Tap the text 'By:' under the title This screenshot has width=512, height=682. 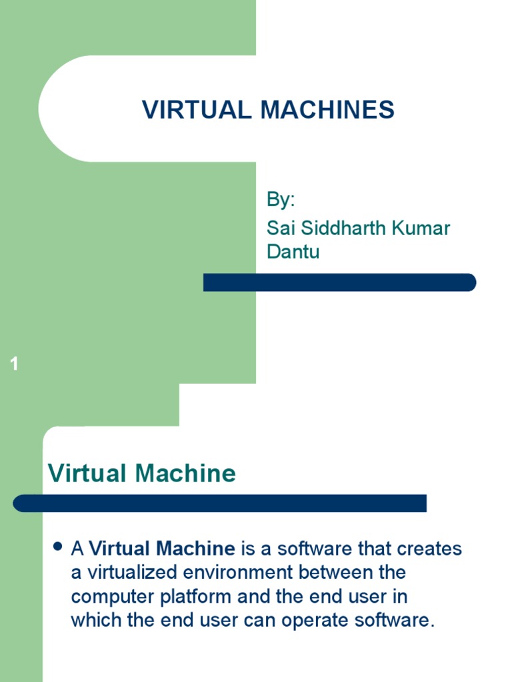point(281,199)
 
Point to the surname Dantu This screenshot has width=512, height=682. point(293,252)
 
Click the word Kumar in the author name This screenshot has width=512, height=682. point(422,228)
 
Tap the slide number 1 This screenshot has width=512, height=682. point(15,364)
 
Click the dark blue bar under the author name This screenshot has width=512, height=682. point(339,282)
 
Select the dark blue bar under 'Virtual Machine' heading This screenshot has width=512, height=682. point(219,504)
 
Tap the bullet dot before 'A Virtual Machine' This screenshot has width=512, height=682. point(57,547)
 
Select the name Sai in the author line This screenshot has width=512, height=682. point(280,228)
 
